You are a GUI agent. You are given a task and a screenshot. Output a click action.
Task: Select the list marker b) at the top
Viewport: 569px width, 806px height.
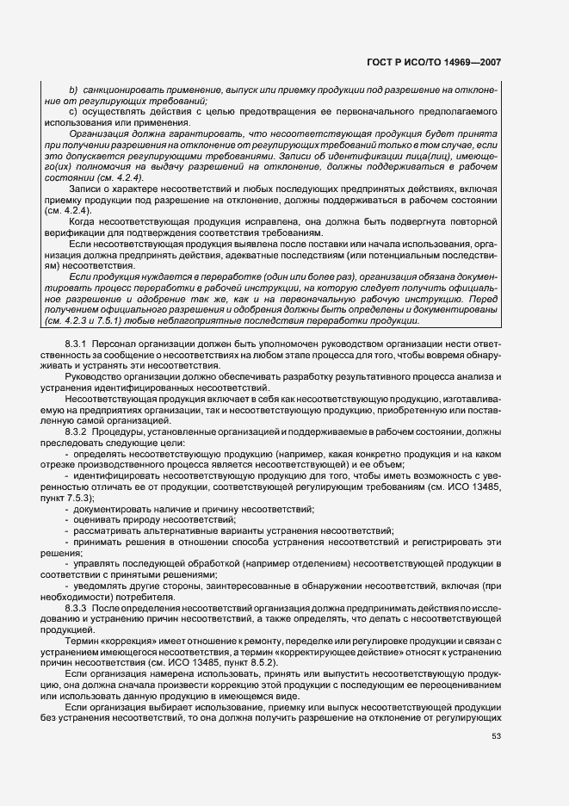pyautogui.click(x=73, y=90)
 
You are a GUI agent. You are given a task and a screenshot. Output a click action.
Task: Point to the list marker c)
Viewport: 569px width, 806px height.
pyautogui.click(x=73, y=111)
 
